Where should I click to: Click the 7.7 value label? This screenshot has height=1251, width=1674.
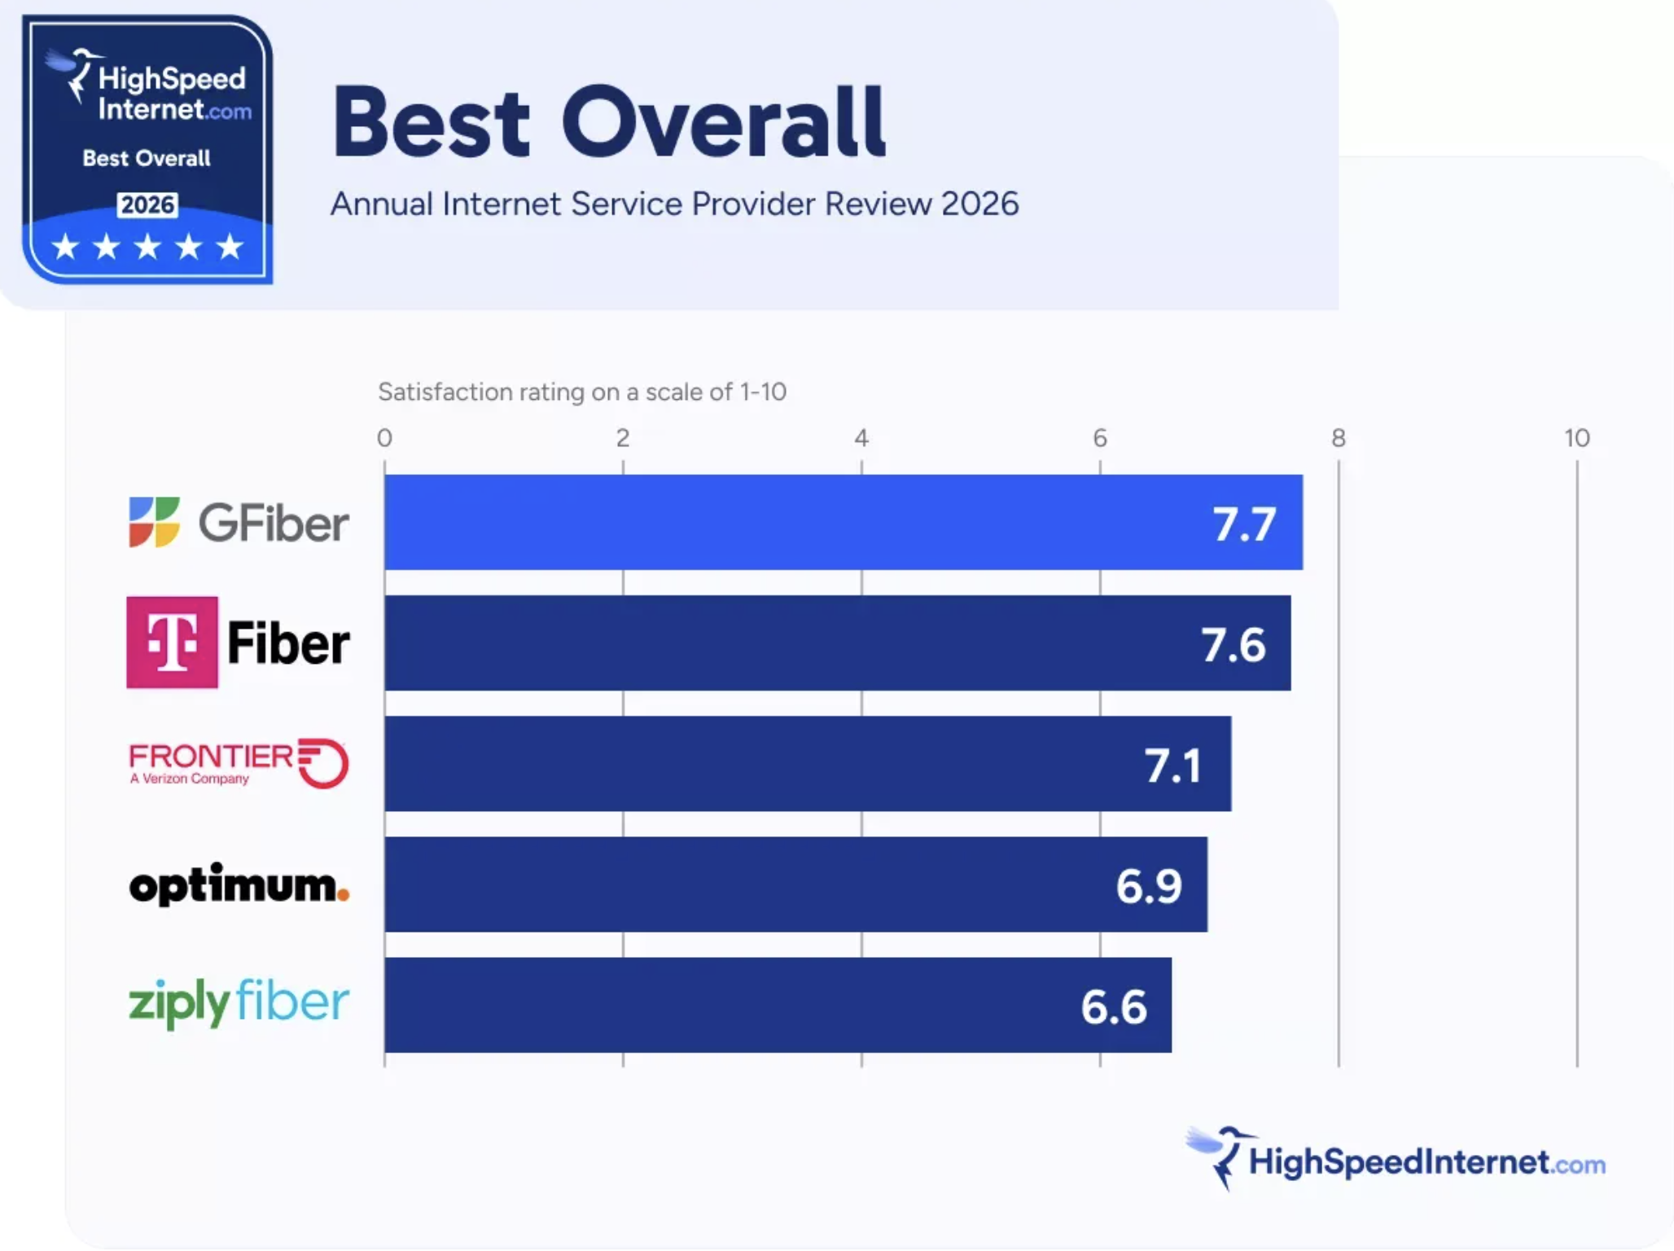(x=1243, y=524)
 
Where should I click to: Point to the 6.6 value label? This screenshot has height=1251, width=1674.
(x=1113, y=1007)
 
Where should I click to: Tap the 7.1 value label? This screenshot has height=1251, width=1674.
(x=1172, y=766)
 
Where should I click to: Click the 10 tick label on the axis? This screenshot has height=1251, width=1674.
(x=1576, y=438)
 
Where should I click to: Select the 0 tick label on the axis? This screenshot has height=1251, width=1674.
(x=384, y=438)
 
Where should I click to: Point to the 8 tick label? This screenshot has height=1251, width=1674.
(x=1338, y=438)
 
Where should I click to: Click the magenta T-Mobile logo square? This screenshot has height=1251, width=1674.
(x=172, y=643)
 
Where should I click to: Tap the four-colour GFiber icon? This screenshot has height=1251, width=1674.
(x=154, y=522)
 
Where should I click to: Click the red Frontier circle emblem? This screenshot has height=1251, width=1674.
(x=325, y=763)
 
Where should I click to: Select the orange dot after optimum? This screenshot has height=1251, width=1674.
(x=344, y=895)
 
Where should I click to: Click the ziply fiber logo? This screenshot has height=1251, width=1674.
(x=239, y=1003)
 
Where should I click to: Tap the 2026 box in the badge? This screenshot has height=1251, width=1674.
(x=147, y=204)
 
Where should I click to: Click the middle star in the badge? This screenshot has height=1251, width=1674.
(x=147, y=246)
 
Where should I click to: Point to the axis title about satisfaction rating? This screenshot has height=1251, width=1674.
(x=581, y=392)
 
